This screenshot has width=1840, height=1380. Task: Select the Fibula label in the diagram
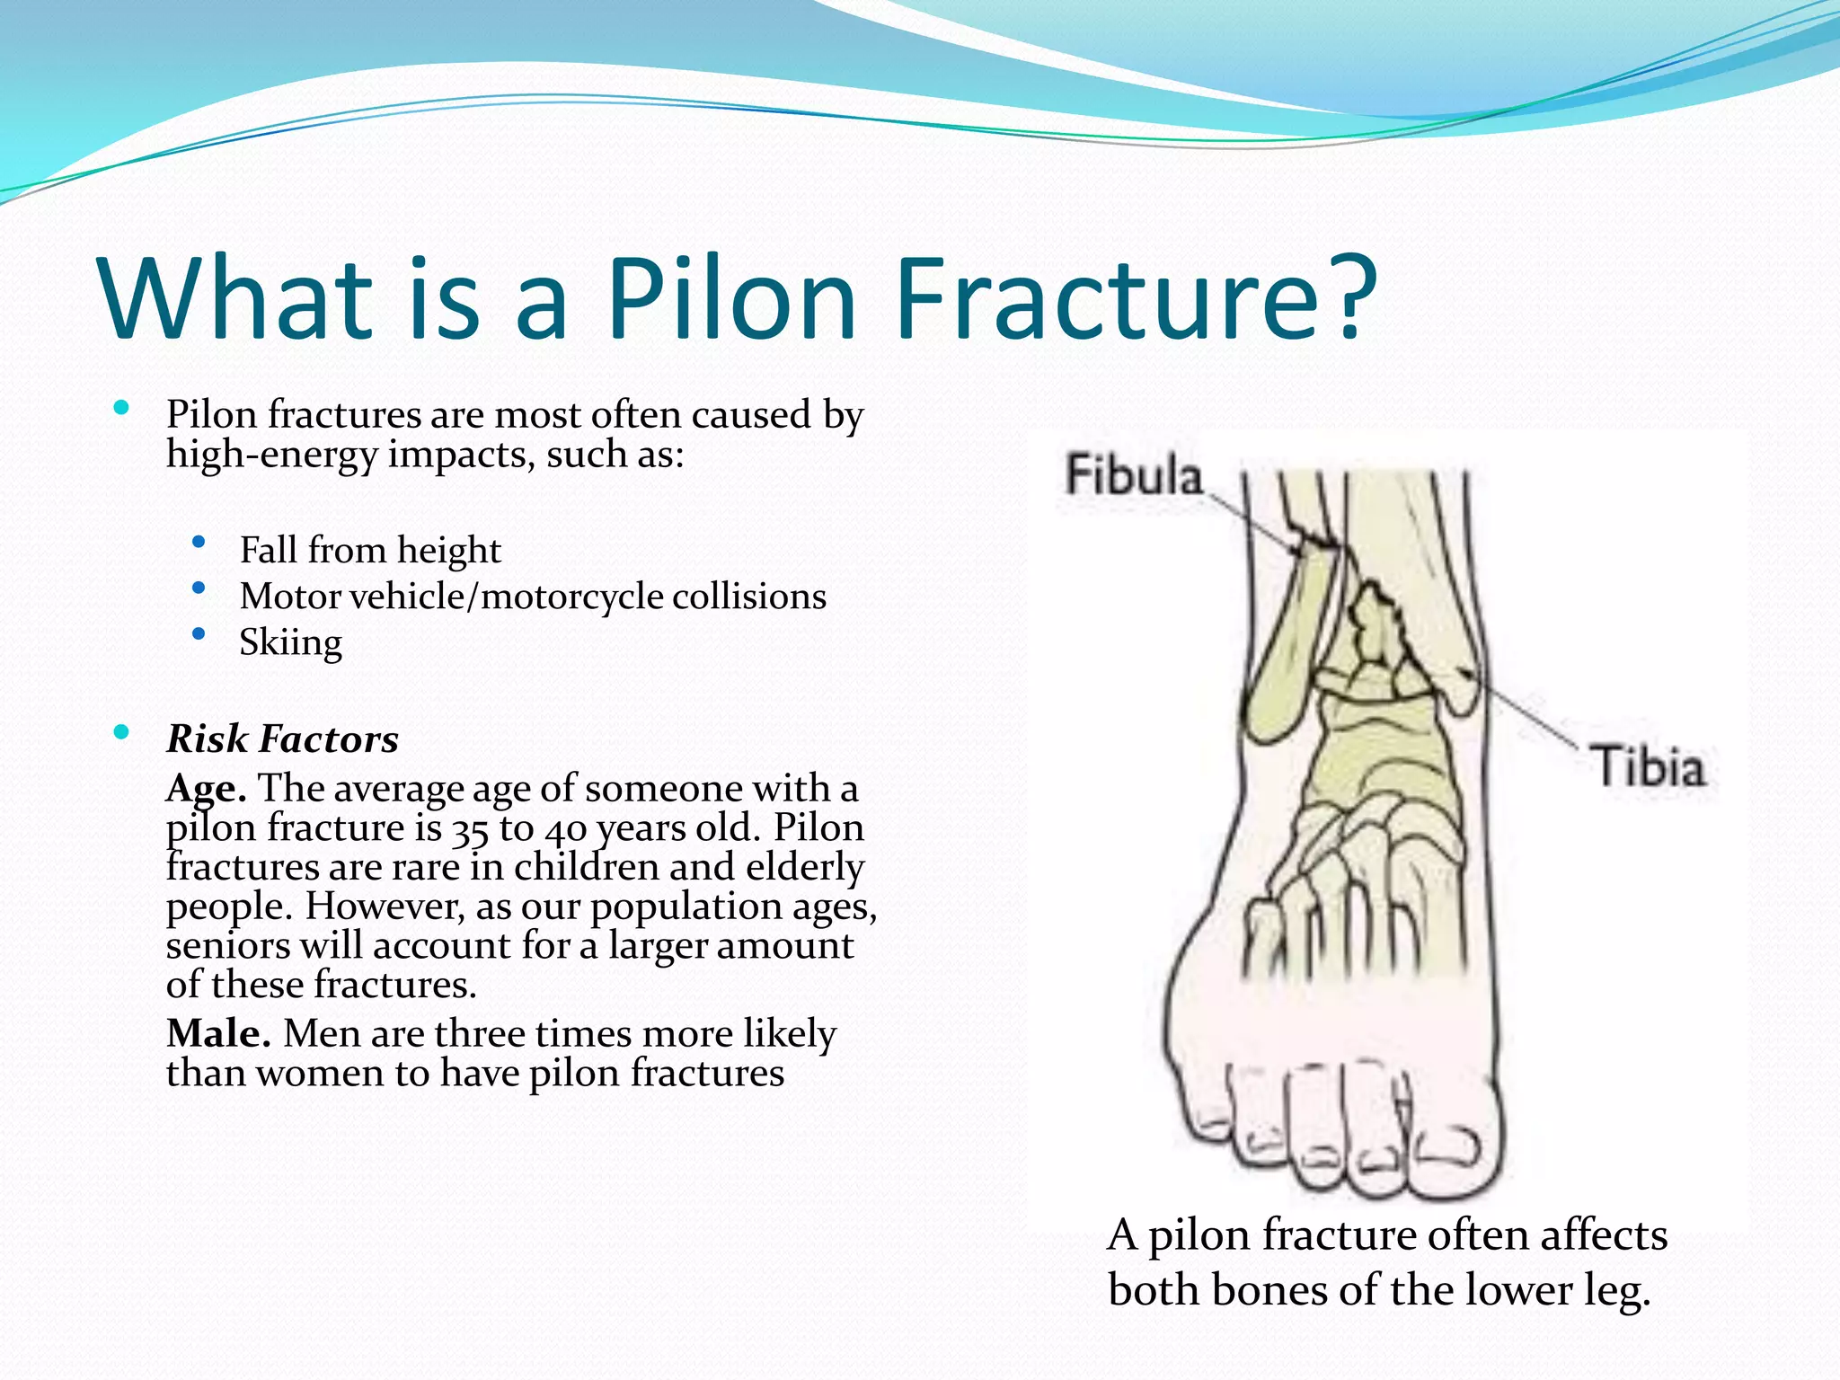coord(1134,475)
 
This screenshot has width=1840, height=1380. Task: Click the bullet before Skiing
coord(199,634)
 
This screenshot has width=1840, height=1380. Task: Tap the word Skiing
coord(290,642)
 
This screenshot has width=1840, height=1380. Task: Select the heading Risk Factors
coord(282,739)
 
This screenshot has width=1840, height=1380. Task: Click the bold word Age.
coord(206,789)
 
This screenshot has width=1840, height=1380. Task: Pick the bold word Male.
coord(218,1033)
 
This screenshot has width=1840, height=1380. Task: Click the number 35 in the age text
coord(470,830)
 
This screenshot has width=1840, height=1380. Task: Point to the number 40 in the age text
coord(565,830)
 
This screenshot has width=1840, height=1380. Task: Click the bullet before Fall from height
coord(199,542)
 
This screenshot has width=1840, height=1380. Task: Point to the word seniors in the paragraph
coord(228,946)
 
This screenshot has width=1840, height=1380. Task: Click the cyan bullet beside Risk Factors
coord(122,732)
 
